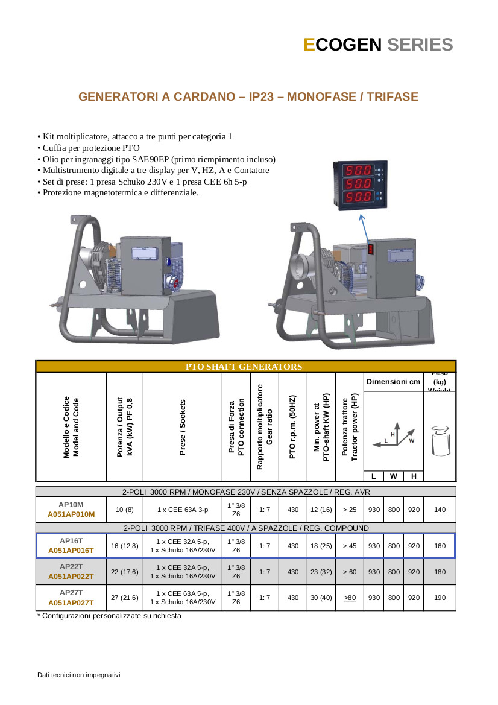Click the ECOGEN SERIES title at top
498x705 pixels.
click(x=378, y=45)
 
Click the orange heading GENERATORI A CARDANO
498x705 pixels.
click(x=248, y=96)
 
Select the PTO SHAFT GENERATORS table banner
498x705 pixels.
click(x=244, y=367)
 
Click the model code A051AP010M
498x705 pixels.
click(x=71, y=514)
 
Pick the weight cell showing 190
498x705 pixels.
click(x=440, y=598)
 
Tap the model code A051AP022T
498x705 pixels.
click(x=71, y=577)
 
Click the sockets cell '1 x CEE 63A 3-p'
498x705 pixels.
click(x=183, y=510)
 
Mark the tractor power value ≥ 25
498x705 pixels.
click(x=350, y=510)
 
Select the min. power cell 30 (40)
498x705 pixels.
click(x=321, y=598)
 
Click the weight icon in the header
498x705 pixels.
click(x=440, y=441)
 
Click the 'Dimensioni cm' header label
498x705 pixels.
click(x=394, y=382)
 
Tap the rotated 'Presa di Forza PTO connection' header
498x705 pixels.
click(x=236, y=427)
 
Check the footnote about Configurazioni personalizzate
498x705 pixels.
click(x=109, y=616)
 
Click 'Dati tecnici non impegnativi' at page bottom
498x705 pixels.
click(x=79, y=674)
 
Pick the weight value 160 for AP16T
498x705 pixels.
click(x=440, y=546)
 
